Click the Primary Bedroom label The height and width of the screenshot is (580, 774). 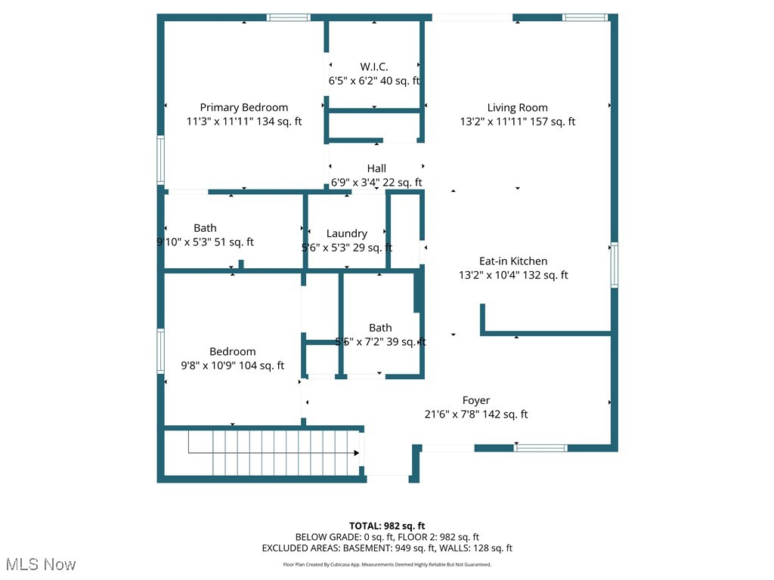(243, 108)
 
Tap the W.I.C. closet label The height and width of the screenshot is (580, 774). (374, 67)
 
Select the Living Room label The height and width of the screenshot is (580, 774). (517, 108)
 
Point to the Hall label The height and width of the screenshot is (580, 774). (376, 168)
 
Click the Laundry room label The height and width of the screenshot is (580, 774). (347, 234)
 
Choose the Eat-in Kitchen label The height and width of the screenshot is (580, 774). (513, 261)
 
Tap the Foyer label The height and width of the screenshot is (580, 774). (476, 400)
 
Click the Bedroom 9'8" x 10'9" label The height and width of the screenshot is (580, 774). (232, 352)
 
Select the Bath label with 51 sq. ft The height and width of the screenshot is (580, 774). (205, 228)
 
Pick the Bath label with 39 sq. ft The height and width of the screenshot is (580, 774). (380, 328)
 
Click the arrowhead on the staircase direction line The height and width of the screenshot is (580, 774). (356, 453)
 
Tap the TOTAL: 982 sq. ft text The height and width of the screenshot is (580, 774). (387, 526)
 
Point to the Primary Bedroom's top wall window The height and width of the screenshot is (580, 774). (288, 17)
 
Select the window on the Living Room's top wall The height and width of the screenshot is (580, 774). (584, 17)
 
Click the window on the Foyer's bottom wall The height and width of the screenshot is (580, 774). (540, 448)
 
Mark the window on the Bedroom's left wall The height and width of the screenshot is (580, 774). (160, 350)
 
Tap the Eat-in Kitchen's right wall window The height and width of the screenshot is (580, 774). (615, 265)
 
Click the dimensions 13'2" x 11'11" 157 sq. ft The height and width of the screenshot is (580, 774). (517, 122)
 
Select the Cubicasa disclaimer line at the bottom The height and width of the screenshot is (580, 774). (387, 564)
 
